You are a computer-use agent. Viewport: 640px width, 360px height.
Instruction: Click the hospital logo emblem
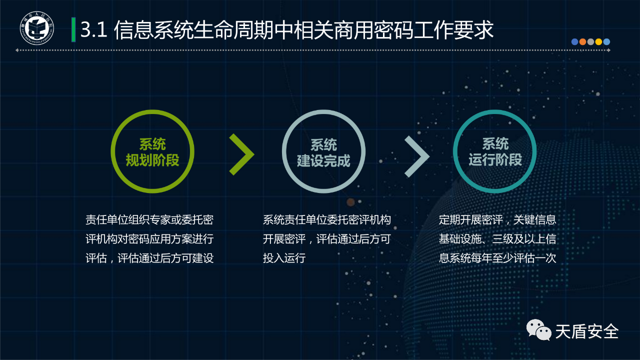pos(37,28)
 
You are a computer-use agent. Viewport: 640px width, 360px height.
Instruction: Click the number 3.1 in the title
pos(93,29)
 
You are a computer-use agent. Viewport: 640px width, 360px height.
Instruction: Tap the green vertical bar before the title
pos(73,29)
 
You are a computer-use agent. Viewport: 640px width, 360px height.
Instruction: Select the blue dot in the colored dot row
pos(574,41)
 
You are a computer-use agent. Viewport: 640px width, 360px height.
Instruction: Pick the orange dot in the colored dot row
pos(582,41)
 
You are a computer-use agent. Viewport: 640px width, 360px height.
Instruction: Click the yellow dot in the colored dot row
pos(598,41)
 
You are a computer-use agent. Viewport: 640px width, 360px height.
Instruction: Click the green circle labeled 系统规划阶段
pos(112,151)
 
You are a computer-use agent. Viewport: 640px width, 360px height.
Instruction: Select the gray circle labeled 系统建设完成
pos(283,151)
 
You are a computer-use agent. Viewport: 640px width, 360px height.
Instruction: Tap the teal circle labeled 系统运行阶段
pos(454,151)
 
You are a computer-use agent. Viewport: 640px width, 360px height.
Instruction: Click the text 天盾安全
pos(587,331)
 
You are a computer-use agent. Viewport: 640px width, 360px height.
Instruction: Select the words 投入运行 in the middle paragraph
pos(284,258)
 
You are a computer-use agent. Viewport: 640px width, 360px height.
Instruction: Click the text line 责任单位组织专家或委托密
pos(149,219)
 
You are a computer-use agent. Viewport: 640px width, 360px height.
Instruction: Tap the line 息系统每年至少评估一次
pos(497,258)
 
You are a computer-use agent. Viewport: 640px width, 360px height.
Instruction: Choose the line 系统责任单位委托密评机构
pos(327,219)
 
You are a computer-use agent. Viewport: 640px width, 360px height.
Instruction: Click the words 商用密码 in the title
pos(373,29)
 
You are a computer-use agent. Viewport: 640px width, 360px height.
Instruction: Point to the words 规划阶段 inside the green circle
pos(152,160)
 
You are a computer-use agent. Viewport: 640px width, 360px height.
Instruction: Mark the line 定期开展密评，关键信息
pos(497,219)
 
